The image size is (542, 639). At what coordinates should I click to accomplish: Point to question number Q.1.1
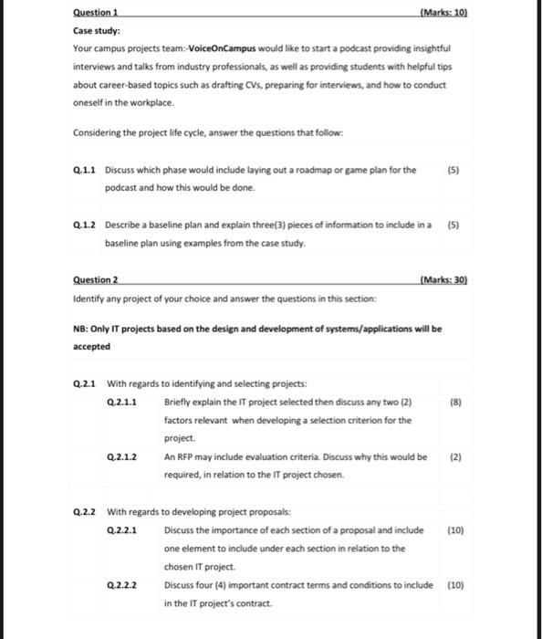pyautogui.click(x=84, y=170)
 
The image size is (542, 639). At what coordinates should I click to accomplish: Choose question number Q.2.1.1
pyautogui.click(x=122, y=402)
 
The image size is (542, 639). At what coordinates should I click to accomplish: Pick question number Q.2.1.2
pyautogui.click(x=122, y=456)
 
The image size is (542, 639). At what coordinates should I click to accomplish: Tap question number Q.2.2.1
pyautogui.click(x=122, y=529)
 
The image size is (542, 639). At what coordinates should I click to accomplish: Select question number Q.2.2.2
pyautogui.click(x=122, y=585)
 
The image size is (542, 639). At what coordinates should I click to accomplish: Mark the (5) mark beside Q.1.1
pyautogui.click(x=454, y=170)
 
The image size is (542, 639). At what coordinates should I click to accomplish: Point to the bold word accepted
pyautogui.click(x=92, y=347)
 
